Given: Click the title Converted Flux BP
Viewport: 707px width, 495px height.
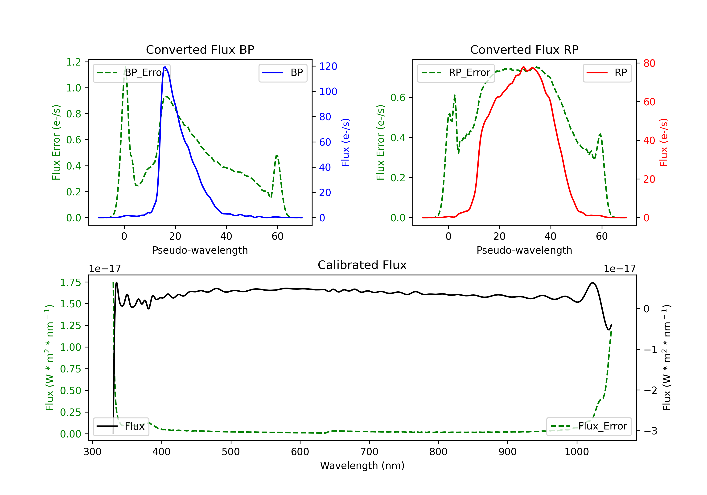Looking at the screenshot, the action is (x=200, y=49).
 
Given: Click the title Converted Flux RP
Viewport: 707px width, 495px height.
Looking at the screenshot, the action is (x=524, y=49).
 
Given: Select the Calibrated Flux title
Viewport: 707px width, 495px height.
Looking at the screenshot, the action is (x=362, y=265).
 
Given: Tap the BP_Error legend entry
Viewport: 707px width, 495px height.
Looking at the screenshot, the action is (x=132, y=73).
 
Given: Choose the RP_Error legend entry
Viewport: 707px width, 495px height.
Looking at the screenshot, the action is (x=456, y=73).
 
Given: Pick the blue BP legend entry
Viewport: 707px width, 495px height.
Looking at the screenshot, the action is (x=283, y=73).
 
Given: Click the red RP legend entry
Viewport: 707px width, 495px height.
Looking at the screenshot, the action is (x=607, y=73).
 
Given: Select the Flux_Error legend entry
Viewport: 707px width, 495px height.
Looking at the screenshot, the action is (x=589, y=426).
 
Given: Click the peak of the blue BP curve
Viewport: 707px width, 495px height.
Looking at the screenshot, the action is (x=165, y=67).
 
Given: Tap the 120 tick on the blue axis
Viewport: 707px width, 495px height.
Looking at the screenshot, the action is (x=328, y=66).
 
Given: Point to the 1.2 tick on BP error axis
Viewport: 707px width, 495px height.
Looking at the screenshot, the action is (x=74, y=62).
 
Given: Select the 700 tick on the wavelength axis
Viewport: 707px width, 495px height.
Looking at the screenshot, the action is (x=369, y=452).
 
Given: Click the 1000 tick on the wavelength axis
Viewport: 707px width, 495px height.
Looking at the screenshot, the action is (x=577, y=452).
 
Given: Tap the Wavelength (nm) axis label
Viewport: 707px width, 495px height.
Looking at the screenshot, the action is (x=362, y=466).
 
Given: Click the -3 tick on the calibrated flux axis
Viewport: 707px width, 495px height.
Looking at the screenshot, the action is (x=650, y=431).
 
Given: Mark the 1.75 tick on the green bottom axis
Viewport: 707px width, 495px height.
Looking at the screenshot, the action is (x=70, y=282).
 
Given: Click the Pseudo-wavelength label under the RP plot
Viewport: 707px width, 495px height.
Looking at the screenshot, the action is (x=524, y=250).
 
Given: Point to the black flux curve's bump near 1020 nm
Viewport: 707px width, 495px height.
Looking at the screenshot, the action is (x=593, y=283).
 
